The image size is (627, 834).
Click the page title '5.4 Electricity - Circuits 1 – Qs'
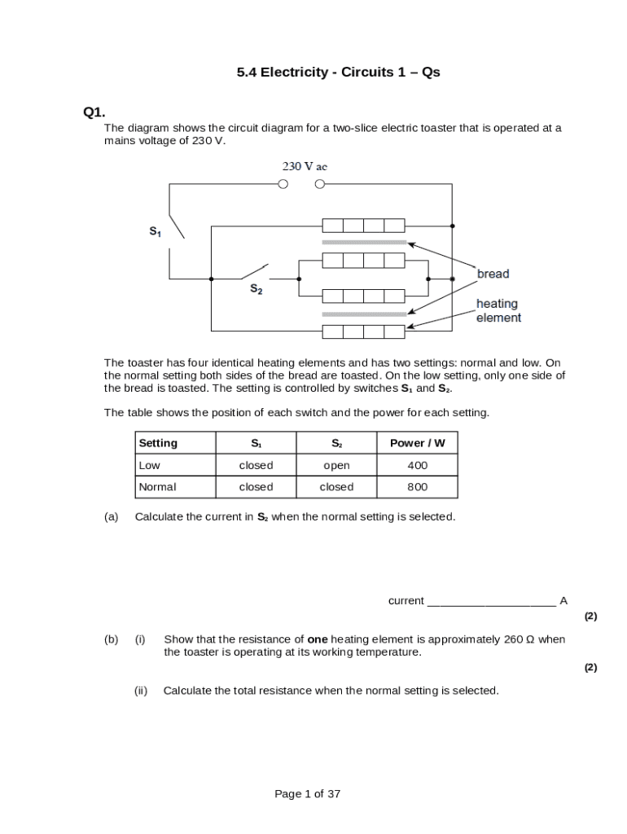click(x=338, y=72)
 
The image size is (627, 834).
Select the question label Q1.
click(x=94, y=112)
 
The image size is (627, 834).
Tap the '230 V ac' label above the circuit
click(x=305, y=166)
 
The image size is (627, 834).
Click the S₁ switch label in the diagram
click(x=155, y=232)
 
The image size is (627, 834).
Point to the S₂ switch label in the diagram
click(x=256, y=289)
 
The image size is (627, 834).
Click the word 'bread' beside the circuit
click(x=493, y=274)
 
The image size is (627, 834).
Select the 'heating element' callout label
click(x=498, y=310)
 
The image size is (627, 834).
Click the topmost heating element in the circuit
click(x=363, y=226)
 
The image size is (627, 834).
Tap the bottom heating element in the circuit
click(x=363, y=331)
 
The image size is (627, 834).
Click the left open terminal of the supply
click(x=283, y=184)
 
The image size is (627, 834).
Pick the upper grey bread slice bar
click(x=364, y=243)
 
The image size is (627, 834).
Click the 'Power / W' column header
click(x=417, y=443)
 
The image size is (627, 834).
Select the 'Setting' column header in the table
click(x=158, y=443)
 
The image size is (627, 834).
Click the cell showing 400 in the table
click(x=417, y=465)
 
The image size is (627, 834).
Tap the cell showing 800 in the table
click(x=417, y=487)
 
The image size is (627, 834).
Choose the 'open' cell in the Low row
click(x=336, y=465)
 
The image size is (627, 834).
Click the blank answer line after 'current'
click(x=491, y=602)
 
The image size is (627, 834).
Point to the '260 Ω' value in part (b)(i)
click(x=519, y=639)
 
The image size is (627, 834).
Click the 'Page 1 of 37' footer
click(x=307, y=794)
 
